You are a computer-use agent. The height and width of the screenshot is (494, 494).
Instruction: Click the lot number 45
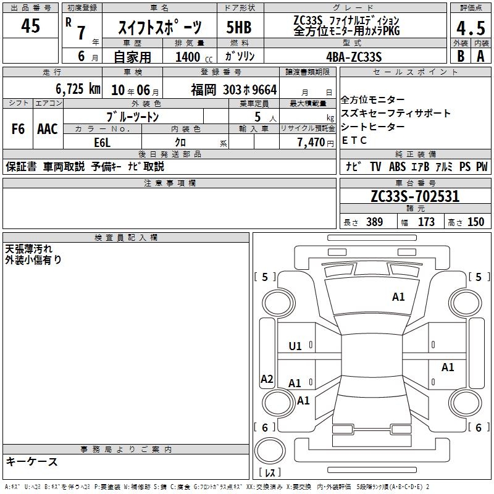pos(30,25)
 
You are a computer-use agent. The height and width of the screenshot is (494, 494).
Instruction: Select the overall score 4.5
pos(471,28)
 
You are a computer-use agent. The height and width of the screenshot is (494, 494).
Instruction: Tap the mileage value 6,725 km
pos(78,89)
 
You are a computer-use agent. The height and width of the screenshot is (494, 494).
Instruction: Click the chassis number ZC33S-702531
pos(415,196)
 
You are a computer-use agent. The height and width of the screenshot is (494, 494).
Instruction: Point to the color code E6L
pos(103,143)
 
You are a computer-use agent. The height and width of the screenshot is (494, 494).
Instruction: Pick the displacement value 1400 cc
pos(194,57)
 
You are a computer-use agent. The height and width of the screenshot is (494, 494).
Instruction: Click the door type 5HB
pos(239,27)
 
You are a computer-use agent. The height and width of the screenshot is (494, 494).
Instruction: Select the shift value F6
pos(18,129)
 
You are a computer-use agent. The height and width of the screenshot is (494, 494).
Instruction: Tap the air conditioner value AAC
pos(48,129)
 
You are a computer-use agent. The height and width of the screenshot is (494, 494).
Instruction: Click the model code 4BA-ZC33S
pos(354,57)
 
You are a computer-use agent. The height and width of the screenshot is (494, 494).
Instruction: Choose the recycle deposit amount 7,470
pos(311,143)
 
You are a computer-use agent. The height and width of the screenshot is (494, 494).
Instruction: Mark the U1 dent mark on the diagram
pos(295,346)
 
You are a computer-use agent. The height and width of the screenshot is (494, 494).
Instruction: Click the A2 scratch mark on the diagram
pos(267,379)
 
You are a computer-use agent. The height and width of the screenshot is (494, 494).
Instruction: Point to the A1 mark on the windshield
pos(398,297)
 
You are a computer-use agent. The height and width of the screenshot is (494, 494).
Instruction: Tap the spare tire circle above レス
pos(270,451)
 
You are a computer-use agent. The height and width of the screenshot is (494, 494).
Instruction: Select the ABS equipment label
pos(397,167)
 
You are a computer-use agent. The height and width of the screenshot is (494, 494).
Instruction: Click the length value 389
pos(375,222)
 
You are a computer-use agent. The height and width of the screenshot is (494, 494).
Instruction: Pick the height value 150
pos(475,222)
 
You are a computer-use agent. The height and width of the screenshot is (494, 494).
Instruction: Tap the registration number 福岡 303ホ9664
pos(234,90)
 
